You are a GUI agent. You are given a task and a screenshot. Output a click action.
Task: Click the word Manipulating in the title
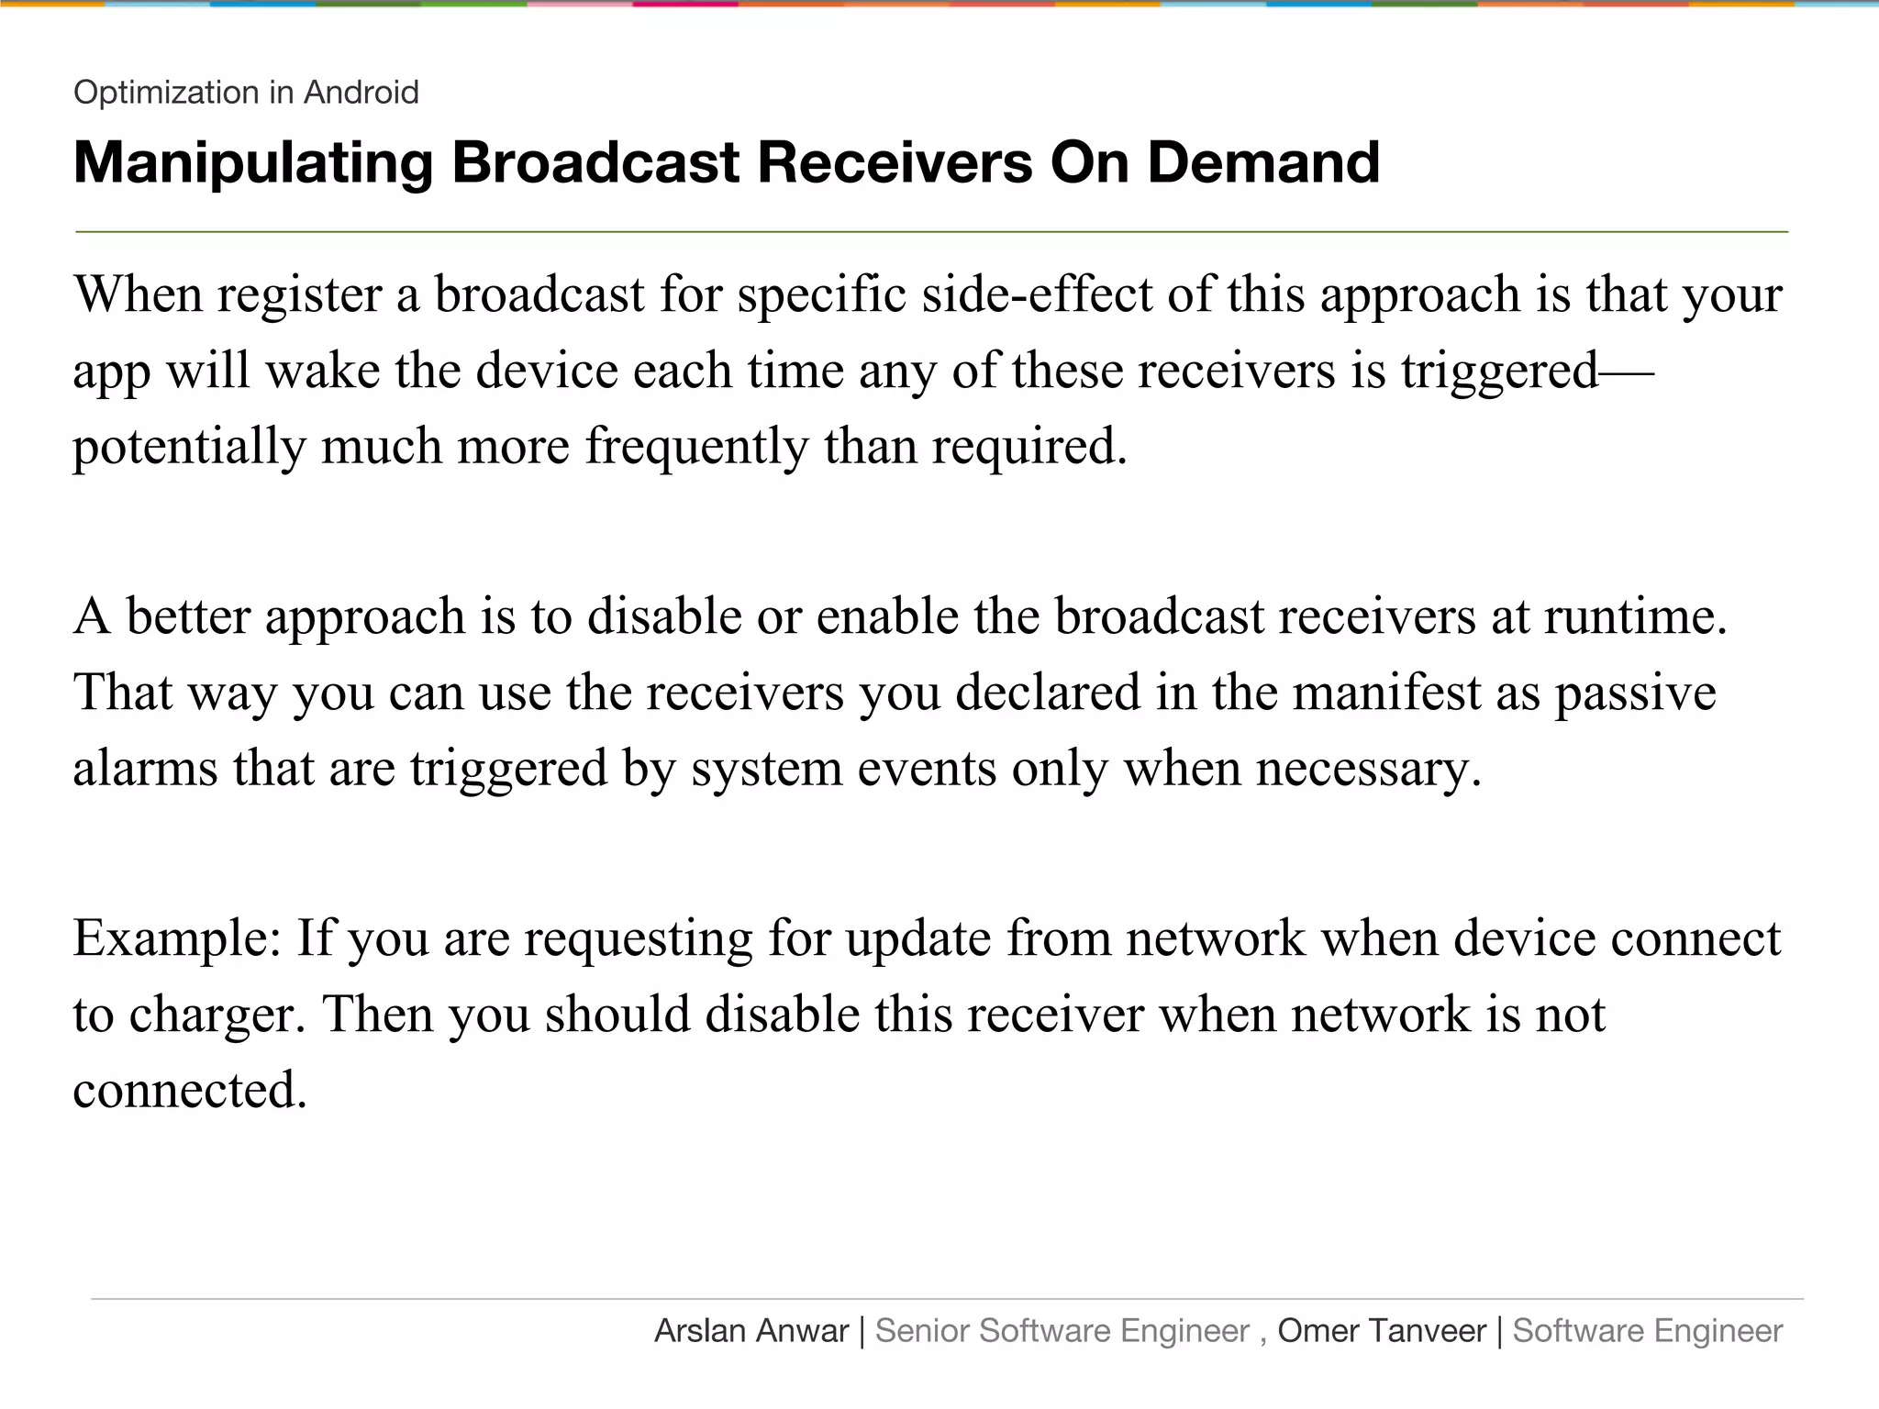click(x=252, y=163)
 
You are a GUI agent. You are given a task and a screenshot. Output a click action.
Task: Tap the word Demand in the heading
click(x=1263, y=163)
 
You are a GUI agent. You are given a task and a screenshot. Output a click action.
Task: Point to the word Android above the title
click(x=361, y=93)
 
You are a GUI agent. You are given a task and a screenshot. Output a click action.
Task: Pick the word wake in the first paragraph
click(x=323, y=371)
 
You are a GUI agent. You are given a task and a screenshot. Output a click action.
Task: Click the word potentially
click(x=189, y=447)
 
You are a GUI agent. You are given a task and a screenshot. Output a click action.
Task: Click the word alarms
click(x=145, y=768)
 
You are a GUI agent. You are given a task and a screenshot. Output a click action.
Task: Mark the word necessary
click(x=1368, y=768)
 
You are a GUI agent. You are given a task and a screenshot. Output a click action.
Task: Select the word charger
click(x=217, y=1015)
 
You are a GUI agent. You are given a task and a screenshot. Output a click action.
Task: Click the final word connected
click(x=189, y=1091)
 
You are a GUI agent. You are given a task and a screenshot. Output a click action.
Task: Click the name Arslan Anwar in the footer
click(x=751, y=1331)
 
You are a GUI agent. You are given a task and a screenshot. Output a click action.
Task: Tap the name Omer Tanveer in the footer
click(x=1382, y=1331)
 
